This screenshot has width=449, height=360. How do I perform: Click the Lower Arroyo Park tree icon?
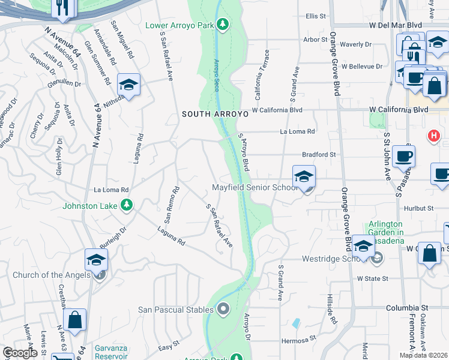223,24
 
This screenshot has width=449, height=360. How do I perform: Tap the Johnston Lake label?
91,206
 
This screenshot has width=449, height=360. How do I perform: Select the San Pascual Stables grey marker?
223,310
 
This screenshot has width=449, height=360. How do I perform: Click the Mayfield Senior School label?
255,187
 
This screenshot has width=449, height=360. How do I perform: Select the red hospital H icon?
433,136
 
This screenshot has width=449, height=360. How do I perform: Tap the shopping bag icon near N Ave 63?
75,321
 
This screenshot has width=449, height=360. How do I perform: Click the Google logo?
20,353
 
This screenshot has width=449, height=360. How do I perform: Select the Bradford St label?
323,154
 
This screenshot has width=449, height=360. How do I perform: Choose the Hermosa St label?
298,340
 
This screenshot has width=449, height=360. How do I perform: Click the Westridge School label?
329,260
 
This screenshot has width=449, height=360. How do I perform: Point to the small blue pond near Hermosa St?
297,323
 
